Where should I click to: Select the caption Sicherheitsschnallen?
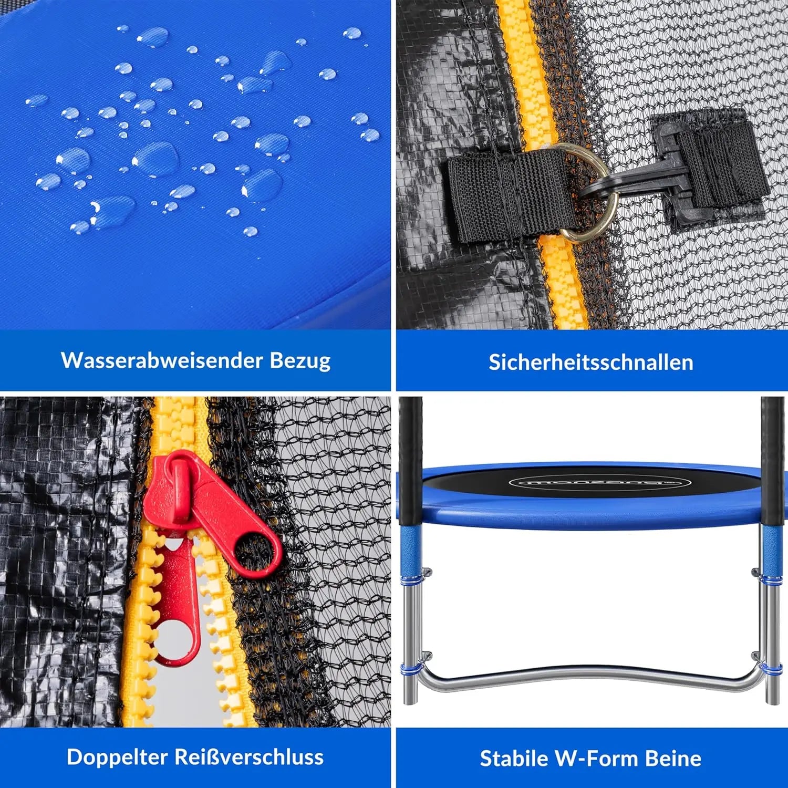(x=591, y=362)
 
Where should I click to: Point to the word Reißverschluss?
(x=249, y=757)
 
